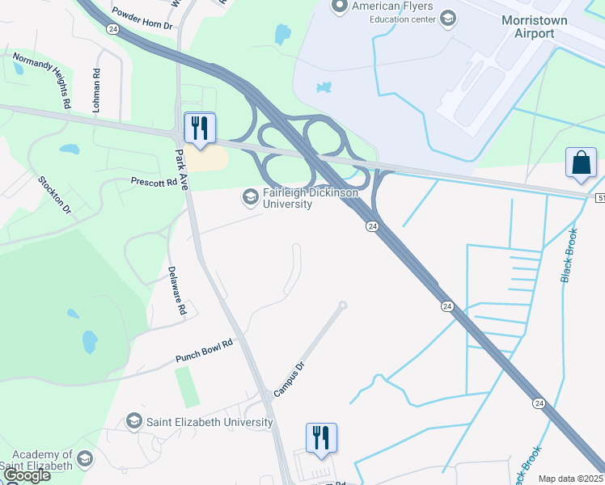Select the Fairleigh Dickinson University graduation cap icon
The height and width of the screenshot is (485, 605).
click(250, 196)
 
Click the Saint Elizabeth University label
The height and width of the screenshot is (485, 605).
click(209, 422)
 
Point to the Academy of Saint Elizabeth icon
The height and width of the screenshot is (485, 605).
click(83, 460)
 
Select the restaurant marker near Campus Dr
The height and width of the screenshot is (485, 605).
click(321, 438)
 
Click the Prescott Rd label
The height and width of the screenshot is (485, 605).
click(154, 183)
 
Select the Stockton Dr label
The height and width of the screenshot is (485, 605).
click(55, 195)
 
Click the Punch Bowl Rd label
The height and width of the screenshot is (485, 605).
click(204, 351)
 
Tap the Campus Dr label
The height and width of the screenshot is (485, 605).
click(289, 379)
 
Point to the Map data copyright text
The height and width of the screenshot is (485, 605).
click(570, 479)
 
